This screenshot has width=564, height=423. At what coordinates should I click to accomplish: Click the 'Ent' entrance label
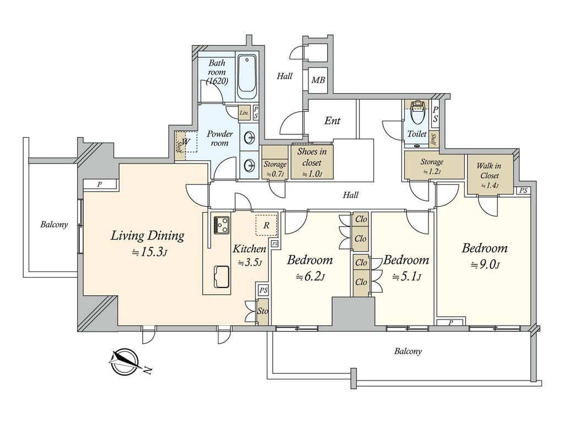point(332,121)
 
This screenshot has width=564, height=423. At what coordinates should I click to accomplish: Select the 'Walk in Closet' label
point(489,176)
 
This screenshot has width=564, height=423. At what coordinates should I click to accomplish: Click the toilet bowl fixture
point(417,115)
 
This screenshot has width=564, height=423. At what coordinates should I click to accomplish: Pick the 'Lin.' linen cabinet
point(245,113)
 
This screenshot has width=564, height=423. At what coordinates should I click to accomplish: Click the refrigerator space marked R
point(267,225)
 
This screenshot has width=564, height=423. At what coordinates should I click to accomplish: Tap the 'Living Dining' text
point(147,236)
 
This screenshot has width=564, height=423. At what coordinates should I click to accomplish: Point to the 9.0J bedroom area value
point(485,265)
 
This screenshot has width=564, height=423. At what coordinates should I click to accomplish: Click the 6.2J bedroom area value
point(311,277)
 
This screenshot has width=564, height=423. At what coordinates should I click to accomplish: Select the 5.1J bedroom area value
point(406,277)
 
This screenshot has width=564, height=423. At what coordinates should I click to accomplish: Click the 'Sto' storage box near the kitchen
point(263,311)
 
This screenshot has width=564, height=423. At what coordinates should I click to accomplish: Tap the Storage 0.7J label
point(275,169)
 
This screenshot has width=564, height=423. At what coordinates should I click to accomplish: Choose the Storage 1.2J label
point(432,166)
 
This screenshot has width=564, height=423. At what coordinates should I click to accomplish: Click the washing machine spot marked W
point(186,142)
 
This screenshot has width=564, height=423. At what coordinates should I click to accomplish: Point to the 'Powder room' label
point(219,138)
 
